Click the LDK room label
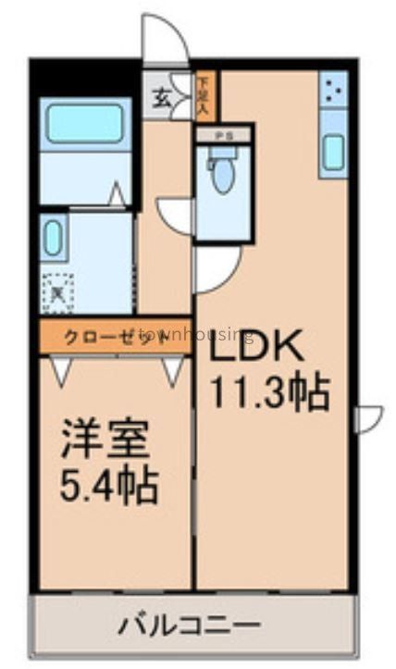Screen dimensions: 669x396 click(x=255, y=350)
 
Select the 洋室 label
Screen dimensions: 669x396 click(x=105, y=439)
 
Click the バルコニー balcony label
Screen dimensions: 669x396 click(x=189, y=626)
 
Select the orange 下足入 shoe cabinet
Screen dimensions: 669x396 click(x=204, y=95)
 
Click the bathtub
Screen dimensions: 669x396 click(x=85, y=123)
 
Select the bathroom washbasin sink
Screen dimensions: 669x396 click(x=54, y=238)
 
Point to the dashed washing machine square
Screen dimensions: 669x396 click(x=57, y=293)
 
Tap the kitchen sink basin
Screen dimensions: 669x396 click(x=333, y=149)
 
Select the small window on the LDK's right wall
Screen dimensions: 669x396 click(x=367, y=418)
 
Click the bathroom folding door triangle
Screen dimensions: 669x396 click(x=117, y=195)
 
